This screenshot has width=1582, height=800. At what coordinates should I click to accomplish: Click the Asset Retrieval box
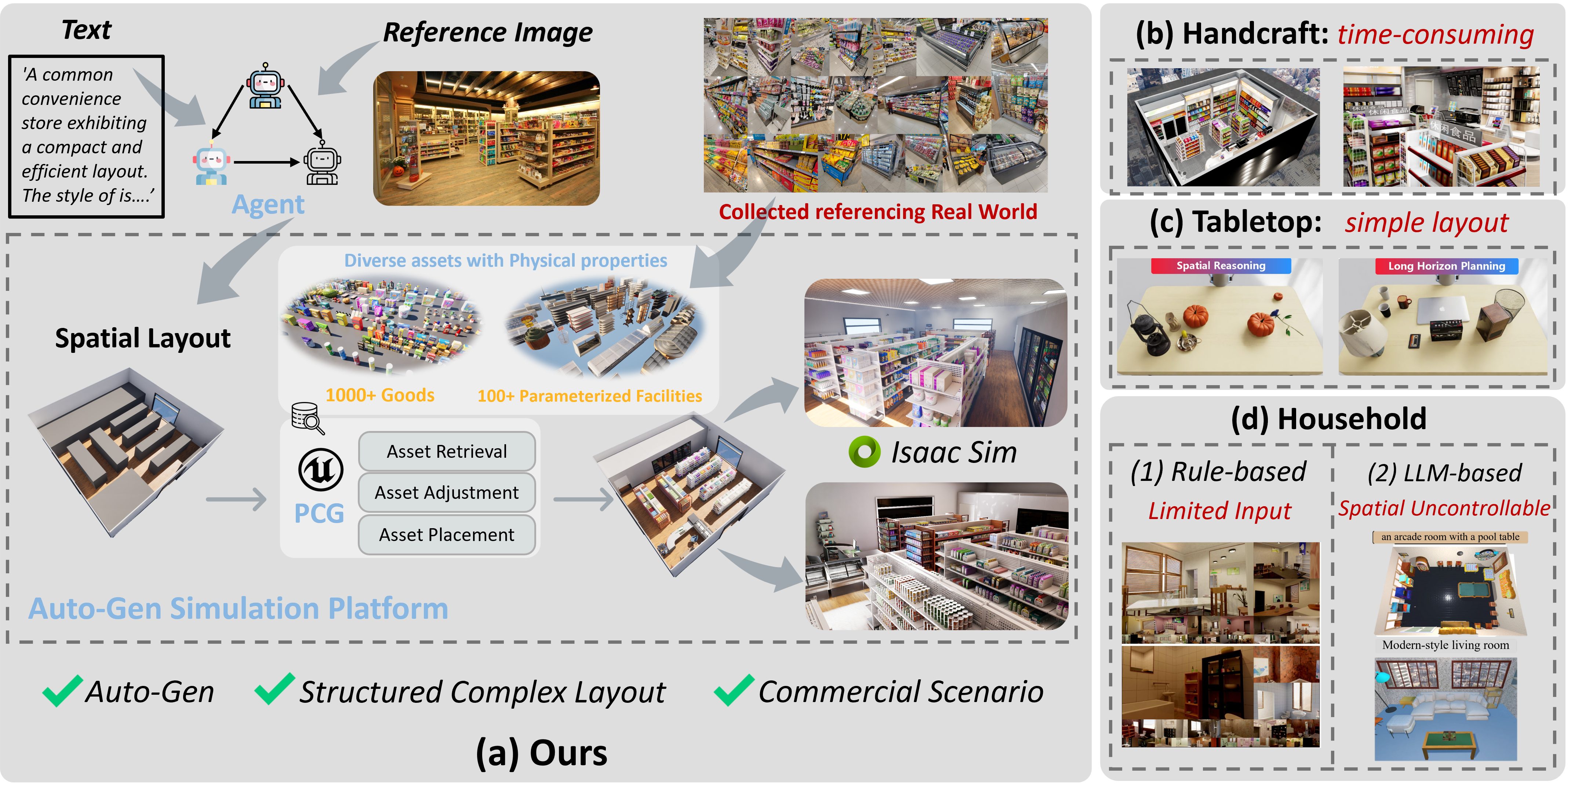pyautogui.click(x=447, y=451)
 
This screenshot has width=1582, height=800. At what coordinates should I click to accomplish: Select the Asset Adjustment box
pyautogui.click(x=447, y=492)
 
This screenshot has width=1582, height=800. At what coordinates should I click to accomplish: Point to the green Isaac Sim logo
pyautogui.click(x=864, y=452)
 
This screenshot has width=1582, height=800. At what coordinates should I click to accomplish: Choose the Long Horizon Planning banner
pyautogui.click(x=1446, y=266)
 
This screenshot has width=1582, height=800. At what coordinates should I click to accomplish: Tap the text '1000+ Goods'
pyautogui.click(x=379, y=395)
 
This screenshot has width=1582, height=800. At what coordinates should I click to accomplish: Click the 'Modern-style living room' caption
pyautogui.click(x=1445, y=645)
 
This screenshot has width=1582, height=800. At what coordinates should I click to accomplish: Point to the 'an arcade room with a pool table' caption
pyautogui.click(x=1450, y=537)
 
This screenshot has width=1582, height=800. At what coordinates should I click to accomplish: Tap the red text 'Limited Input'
pyautogui.click(x=1220, y=511)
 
